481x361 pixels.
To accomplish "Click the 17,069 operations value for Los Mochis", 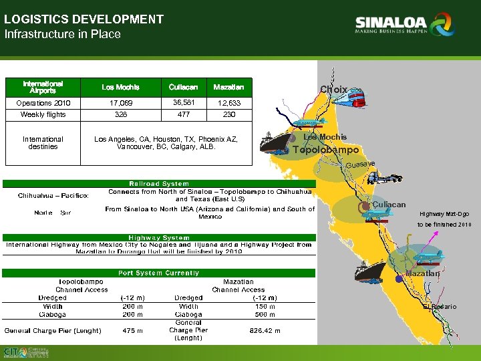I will click(x=121, y=103).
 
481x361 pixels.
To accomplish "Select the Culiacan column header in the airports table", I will click(x=183, y=87).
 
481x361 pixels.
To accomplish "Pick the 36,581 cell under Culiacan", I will click(x=183, y=103).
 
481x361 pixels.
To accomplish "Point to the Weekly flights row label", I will click(x=42, y=115).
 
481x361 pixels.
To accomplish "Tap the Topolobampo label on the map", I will click(x=326, y=150).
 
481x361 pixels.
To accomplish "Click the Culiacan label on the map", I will click(x=389, y=204).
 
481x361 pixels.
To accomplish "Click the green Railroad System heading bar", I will click(x=159, y=183).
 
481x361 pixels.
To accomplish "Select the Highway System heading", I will click(x=159, y=237).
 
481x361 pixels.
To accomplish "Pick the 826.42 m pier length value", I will click(x=265, y=330).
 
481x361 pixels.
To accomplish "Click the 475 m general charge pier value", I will click(x=132, y=330).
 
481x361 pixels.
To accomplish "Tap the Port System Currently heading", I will click(x=159, y=273).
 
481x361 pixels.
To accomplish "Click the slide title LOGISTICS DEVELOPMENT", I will click(x=84, y=19).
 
